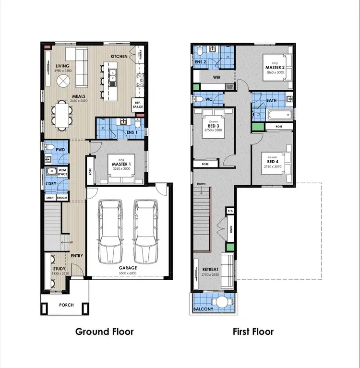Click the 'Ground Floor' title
point(104,332)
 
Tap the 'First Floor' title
point(253,332)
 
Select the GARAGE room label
point(128,268)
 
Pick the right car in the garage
point(146,231)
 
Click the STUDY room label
point(60,269)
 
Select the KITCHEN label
point(119,57)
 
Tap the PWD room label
point(60,150)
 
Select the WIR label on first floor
point(216,77)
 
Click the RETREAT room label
point(211,269)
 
